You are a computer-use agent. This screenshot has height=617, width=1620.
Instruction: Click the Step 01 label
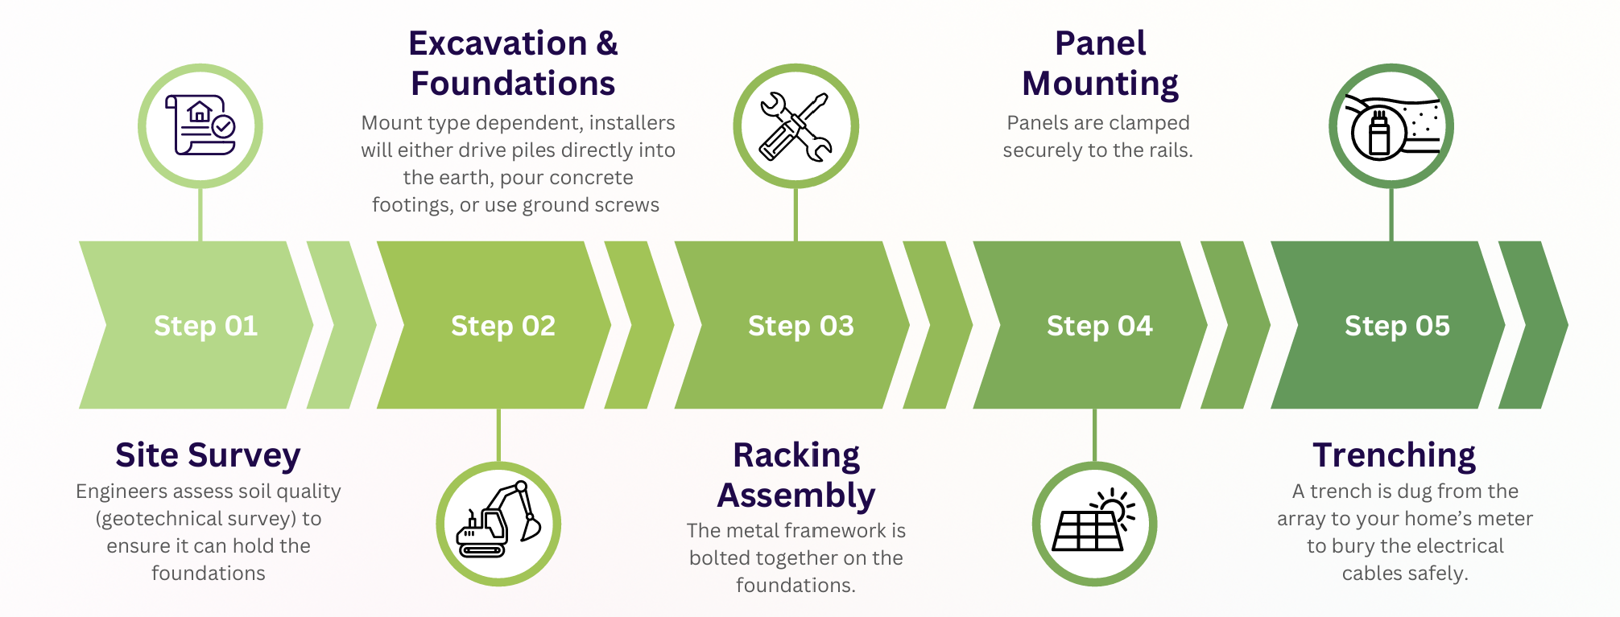pos(205,326)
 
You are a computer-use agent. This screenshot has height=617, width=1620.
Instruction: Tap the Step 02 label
pos(503,326)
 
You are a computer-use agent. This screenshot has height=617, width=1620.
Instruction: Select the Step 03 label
pos(801,326)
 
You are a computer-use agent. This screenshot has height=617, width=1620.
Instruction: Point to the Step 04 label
pos(1099,326)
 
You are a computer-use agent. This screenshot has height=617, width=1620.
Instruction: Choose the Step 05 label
pos(1397,326)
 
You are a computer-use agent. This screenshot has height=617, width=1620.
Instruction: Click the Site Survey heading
pos(208,455)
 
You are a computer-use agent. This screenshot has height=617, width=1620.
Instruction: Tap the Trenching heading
pos(1394,455)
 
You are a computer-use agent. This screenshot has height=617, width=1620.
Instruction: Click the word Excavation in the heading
pos(498,43)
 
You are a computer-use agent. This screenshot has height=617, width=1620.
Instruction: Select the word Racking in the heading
pos(796,455)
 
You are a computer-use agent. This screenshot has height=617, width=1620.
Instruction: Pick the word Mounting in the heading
pos(1100,84)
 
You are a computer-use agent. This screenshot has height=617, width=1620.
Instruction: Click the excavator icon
pos(498,523)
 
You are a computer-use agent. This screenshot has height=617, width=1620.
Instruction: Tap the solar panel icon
pos(1094,523)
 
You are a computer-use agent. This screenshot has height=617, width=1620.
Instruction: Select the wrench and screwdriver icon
pos(796,126)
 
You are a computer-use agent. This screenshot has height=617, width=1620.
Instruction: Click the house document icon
pos(200,126)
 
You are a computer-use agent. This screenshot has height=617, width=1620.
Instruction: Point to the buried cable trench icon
pos(1391,126)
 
